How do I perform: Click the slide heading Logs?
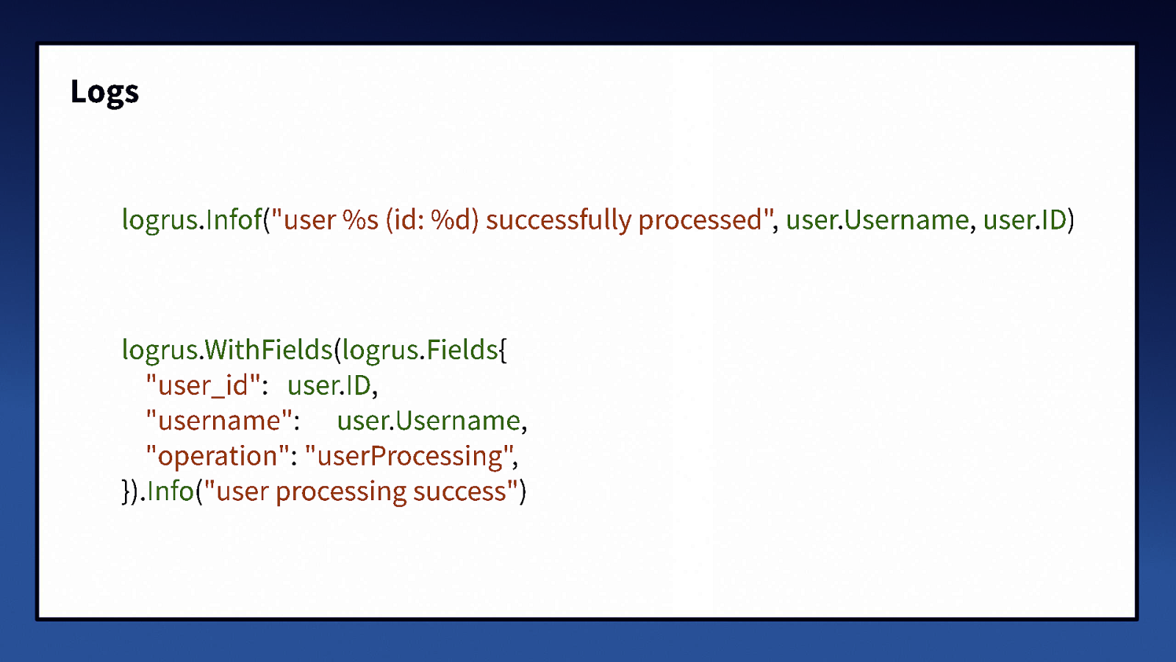[104, 92]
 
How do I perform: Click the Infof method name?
[234, 220]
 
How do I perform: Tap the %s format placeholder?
[360, 220]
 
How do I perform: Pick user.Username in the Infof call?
[877, 220]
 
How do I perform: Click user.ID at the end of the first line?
[1025, 220]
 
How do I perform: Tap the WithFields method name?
[268, 349]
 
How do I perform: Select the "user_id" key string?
[203, 385]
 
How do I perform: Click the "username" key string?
[219, 421]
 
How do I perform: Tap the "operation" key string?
[218, 456]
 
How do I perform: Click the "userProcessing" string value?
[409, 456]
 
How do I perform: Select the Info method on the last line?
[171, 491]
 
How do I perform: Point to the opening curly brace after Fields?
[503, 350]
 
